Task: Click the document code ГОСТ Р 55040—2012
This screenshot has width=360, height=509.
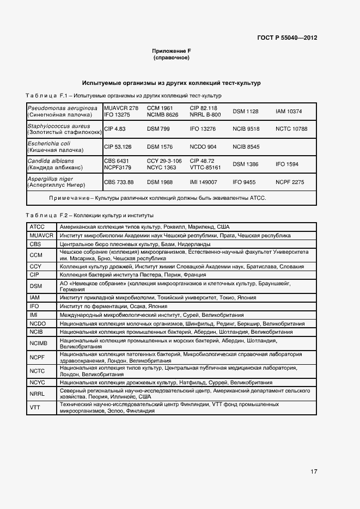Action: tap(287, 38)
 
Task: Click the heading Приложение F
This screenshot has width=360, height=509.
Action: tap(172, 51)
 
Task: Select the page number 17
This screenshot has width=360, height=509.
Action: tap(314, 471)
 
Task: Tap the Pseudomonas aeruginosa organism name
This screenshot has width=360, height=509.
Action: tap(63, 108)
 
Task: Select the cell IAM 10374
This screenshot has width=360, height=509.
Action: tap(289, 112)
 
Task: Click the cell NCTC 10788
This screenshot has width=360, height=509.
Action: tap(291, 129)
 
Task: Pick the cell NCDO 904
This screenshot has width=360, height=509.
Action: tap(203, 147)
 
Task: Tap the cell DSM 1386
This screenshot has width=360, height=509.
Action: tap(246, 164)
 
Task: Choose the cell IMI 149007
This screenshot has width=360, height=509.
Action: tap(203, 182)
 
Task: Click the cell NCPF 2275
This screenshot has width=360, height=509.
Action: tap(290, 182)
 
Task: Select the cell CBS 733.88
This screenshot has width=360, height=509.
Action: tap(119, 182)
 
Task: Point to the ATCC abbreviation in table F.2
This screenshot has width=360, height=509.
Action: tap(37, 226)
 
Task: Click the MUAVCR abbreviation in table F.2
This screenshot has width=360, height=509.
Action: tap(41, 235)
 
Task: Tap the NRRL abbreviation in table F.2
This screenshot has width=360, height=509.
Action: tap(37, 394)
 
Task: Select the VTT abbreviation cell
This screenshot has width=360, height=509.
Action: tap(35, 408)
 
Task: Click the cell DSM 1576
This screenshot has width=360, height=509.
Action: tap(160, 147)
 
